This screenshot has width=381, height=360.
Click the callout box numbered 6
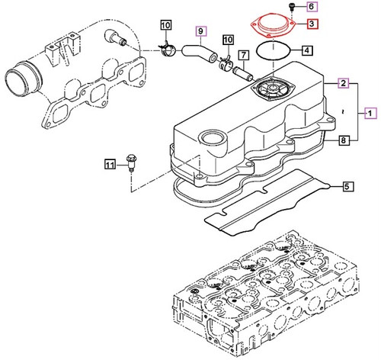coord(312,7)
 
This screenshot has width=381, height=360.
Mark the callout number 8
coord(344,141)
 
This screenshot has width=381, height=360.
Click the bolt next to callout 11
coord(133,162)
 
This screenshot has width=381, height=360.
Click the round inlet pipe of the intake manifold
coord(21,79)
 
